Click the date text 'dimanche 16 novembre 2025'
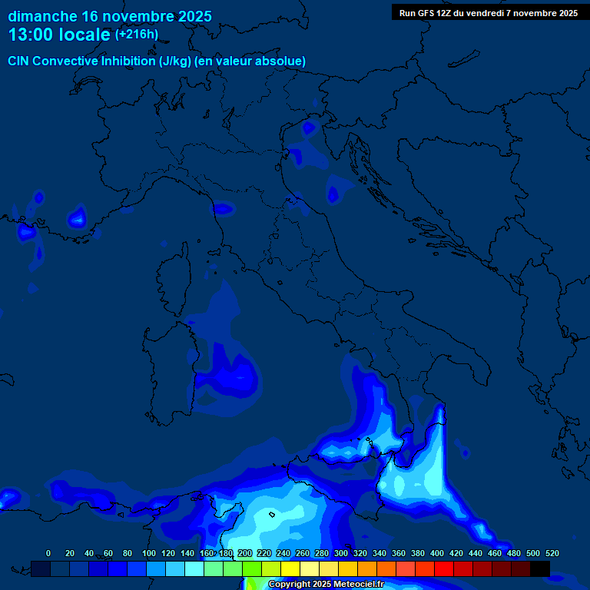pos(110,16)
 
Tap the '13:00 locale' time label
pos(59,35)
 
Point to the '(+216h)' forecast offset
pos(136,35)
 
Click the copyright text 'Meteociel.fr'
pos(358,585)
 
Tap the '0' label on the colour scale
pos(48,553)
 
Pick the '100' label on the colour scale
pos(149,553)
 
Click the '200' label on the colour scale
pos(245,553)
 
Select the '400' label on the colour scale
pos(437,553)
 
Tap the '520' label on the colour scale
pos(552,553)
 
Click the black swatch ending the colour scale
pos(540,568)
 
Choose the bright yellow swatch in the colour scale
pos(290,568)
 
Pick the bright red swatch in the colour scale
pos(444,568)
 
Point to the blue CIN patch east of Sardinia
pos(234,373)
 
